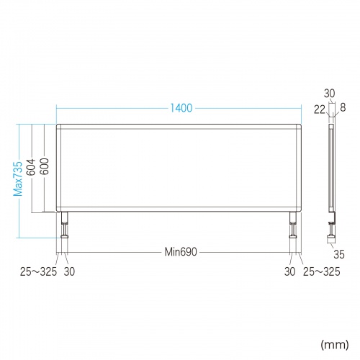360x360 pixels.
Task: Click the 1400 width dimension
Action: pyautogui.click(x=181, y=108)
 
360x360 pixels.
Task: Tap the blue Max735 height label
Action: pyautogui.click(x=18, y=179)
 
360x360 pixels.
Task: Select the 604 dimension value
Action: pyautogui.click(x=31, y=167)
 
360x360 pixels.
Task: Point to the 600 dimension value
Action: pyautogui.click(x=45, y=166)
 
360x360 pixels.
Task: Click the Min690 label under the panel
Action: pyautogui.click(x=181, y=252)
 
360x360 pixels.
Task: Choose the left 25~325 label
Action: pyautogui.click(x=38, y=271)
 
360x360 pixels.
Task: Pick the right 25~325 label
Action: pyautogui.click(x=322, y=271)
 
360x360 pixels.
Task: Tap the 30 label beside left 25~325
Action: pyautogui.click(x=69, y=271)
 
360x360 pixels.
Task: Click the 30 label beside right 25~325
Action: pyautogui.click(x=289, y=271)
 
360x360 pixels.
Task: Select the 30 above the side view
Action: pyautogui.click(x=330, y=94)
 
